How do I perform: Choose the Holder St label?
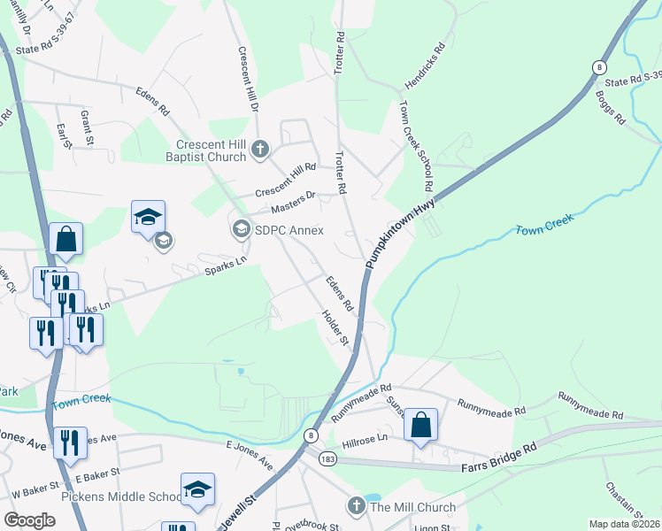point(337,329)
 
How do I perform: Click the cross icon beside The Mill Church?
point(356,507)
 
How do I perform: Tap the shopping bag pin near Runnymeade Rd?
point(421,426)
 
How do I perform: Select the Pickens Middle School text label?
point(120,496)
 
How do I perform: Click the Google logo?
point(29,520)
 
